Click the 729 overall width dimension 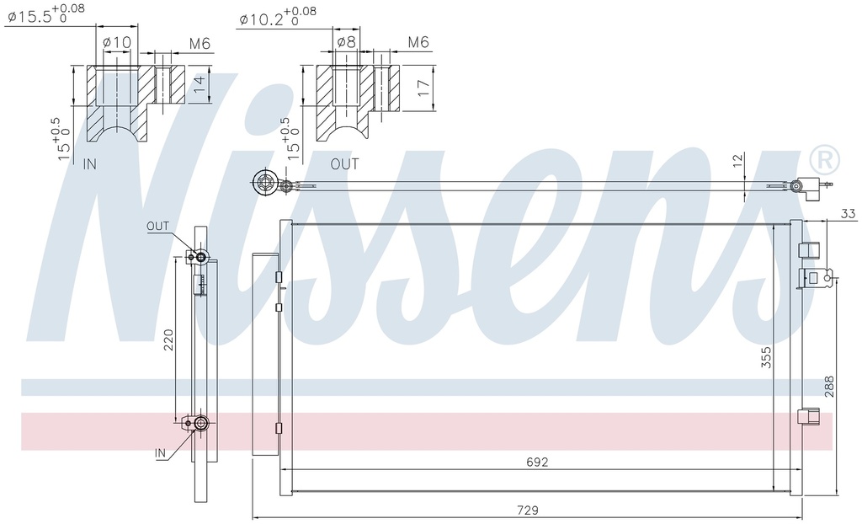click(528, 511)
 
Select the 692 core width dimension click(537, 462)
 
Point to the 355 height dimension click(766, 356)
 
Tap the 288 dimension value click(829, 387)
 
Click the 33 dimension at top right click(849, 213)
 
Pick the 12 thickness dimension click(737, 161)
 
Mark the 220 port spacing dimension click(168, 340)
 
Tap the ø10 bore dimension click(117, 42)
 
